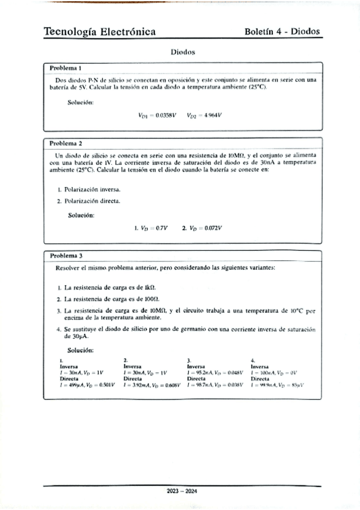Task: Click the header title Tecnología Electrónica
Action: click(100, 31)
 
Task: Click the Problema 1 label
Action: click(66, 68)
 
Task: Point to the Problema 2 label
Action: click(66, 144)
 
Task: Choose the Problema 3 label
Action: click(66, 255)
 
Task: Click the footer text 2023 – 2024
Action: click(182, 491)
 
